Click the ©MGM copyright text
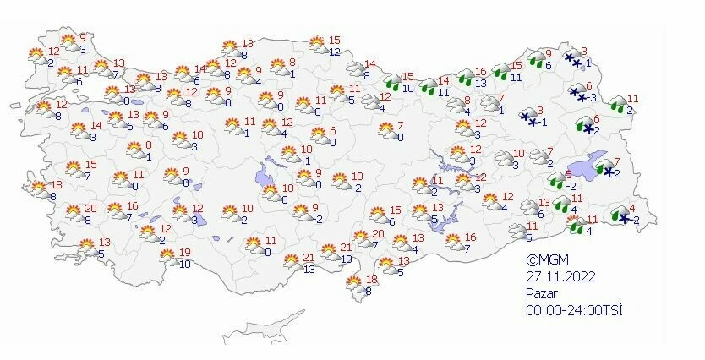544,260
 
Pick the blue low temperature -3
593,97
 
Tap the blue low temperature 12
335,52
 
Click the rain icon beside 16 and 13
466,77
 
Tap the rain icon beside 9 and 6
535,59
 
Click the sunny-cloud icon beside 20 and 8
74,213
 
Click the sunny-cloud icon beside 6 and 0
318,135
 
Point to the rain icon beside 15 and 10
393,82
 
